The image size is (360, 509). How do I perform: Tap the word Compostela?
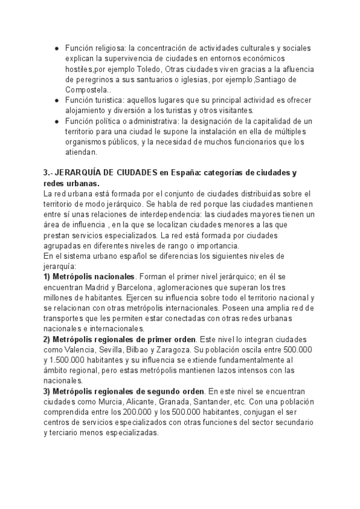click(x=87, y=90)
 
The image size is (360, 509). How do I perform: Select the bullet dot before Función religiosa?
click(x=56, y=48)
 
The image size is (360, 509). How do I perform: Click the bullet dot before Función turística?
click(x=56, y=101)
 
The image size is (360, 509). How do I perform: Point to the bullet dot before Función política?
click(x=56, y=122)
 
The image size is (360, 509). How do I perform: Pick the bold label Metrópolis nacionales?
click(x=93, y=277)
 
